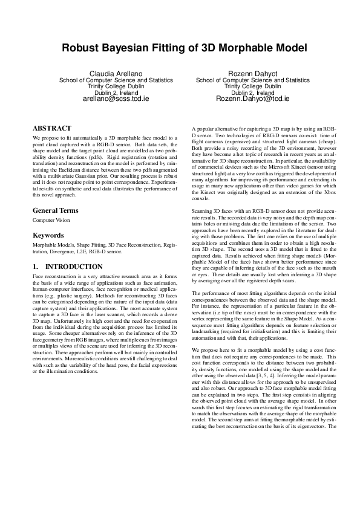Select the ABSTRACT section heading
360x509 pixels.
point(52,129)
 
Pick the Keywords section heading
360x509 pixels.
point(48,234)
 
